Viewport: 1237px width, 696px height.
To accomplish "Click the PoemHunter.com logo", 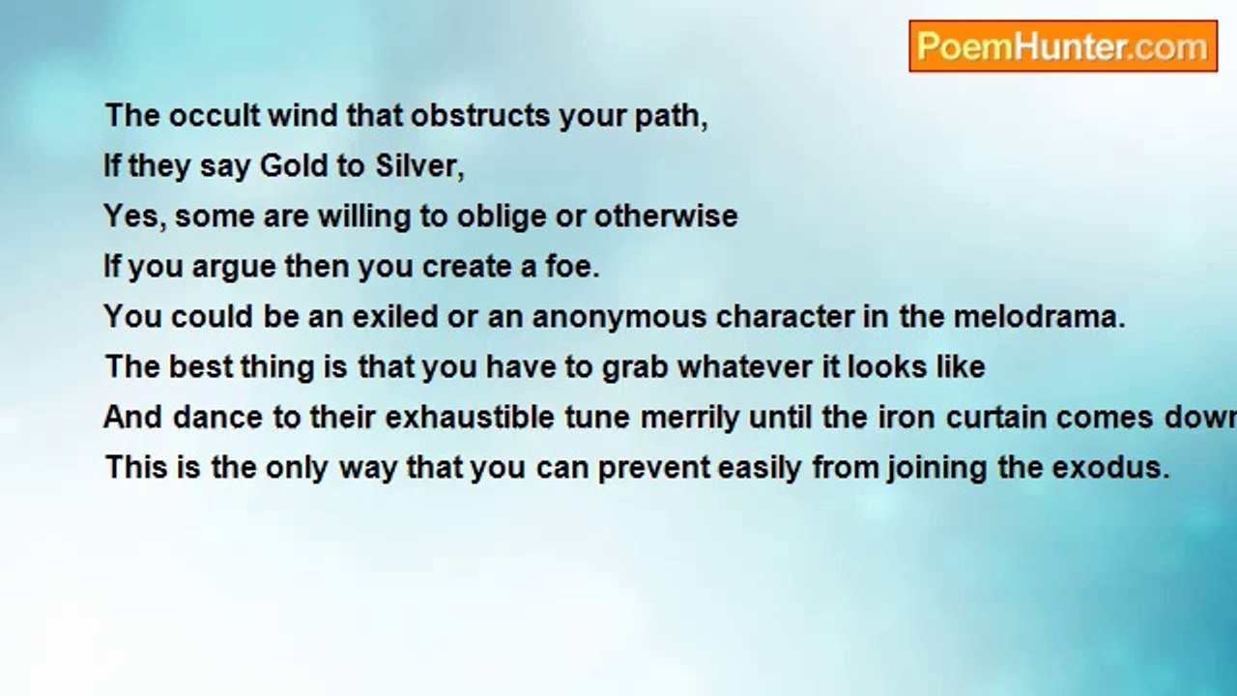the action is click(1063, 46).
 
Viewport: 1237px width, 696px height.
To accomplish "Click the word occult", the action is click(215, 115).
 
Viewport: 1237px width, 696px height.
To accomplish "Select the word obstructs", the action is click(480, 115).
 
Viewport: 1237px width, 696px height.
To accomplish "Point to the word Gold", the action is click(294, 165).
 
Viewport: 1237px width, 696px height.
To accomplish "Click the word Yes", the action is click(132, 216).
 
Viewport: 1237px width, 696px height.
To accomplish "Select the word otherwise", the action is click(666, 216).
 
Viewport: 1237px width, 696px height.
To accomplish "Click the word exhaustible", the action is click(470, 417).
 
